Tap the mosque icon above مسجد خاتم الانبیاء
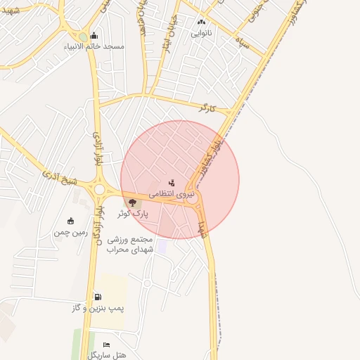(94, 36)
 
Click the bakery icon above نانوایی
(202, 22)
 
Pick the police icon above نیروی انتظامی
(173, 183)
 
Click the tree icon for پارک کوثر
(132, 203)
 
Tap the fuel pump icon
(97, 297)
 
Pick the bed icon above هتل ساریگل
(106, 345)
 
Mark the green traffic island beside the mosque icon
(84, 37)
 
